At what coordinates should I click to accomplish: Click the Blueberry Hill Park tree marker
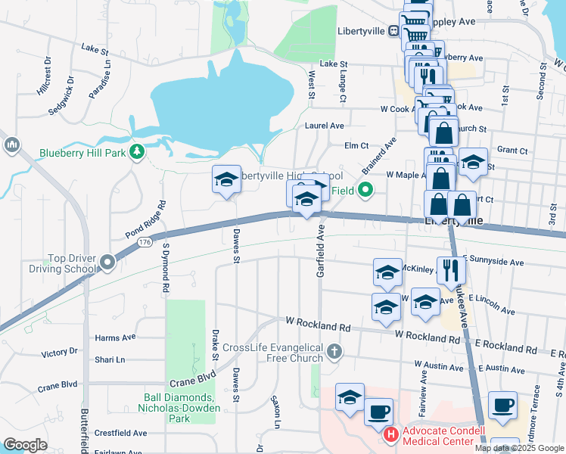[x=137, y=153]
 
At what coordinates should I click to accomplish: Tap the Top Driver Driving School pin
[x=107, y=263]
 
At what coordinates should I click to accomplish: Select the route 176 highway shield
[x=144, y=242]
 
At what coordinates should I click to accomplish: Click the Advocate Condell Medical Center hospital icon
[x=391, y=435]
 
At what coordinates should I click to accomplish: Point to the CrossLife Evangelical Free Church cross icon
[x=334, y=352]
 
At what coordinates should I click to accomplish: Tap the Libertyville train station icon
[x=393, y=31]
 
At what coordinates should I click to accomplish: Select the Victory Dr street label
[x=60, y=353]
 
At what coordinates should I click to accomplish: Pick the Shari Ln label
[x=110, y=359]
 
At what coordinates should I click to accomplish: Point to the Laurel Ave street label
[x=324, y=126]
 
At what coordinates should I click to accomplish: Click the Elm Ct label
[x=356, y=145]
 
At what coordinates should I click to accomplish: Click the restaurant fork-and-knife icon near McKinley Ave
[x=449, y=270]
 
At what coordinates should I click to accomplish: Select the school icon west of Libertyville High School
[x=226, y=180]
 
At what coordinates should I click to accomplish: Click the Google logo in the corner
[x=25, y=445]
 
